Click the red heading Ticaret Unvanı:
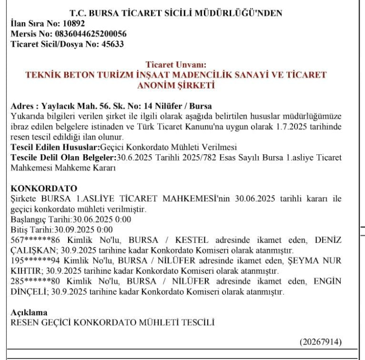176,64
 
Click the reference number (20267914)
320,342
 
